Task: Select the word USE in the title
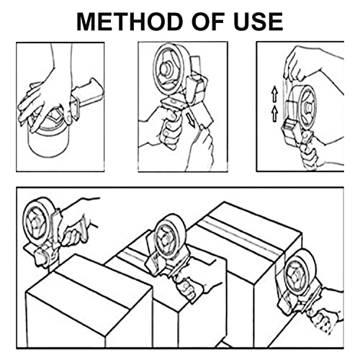point(258,22)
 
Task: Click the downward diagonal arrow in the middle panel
point(191,120)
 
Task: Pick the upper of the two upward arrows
point(275,94)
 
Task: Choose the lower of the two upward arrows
point(275,114)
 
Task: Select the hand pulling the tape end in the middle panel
point(200,146)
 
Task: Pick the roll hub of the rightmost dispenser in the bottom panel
point(296,276)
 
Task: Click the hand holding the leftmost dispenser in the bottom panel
point(77,222)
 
